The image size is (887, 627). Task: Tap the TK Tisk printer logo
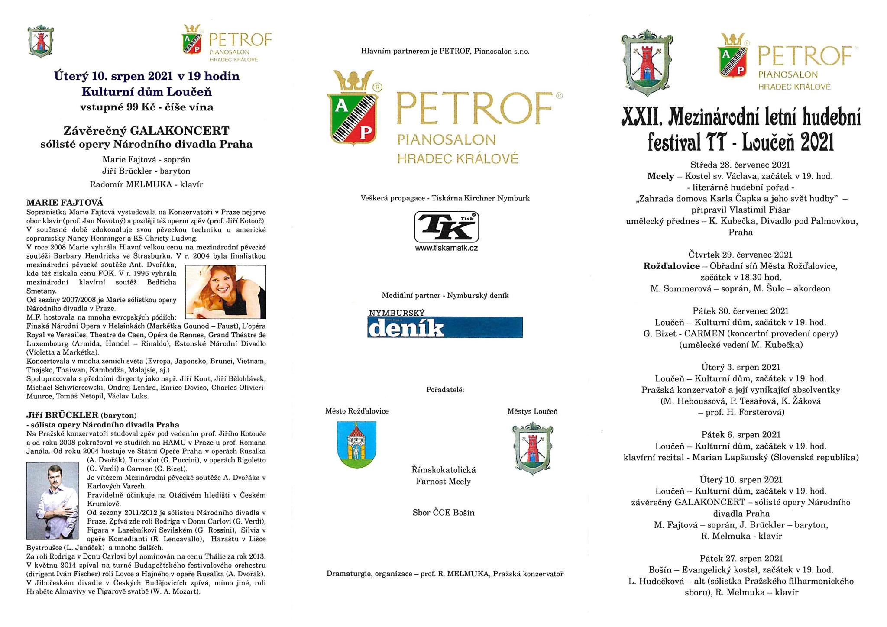(x=447, y=227)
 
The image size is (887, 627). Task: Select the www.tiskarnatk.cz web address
(x=447, y=248)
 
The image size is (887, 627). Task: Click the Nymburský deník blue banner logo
(x=445, y=327)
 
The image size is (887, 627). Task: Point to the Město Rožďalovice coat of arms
(x=356, y=444)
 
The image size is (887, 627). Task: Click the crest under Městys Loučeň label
(x=532, y=448)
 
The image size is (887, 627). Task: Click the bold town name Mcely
(x=660, y=176)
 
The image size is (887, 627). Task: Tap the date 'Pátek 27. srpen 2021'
(x=741, y=558)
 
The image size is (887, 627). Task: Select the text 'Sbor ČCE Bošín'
(x=443, y=513)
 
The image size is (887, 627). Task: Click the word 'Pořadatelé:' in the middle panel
(x=445, y=389)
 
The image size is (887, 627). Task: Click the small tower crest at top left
(x=40, y=42)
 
